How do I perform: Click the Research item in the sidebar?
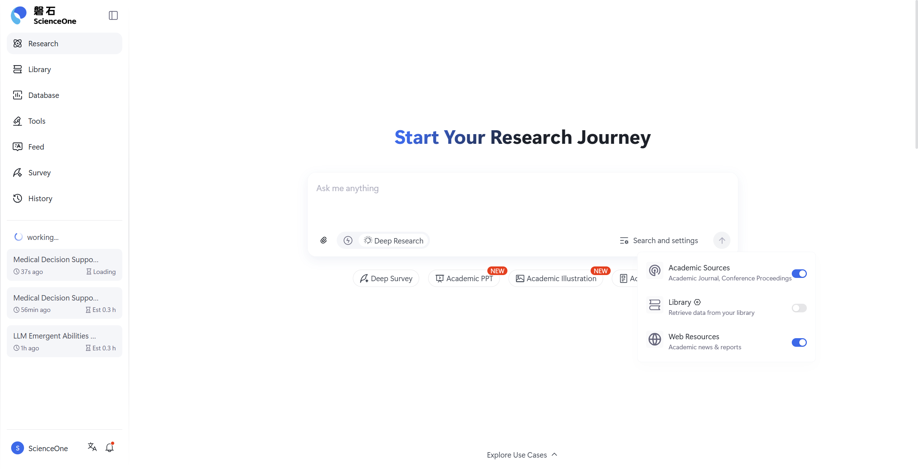[65, 43]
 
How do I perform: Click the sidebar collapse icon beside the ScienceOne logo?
[113, 15]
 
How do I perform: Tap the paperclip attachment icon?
[323, 240]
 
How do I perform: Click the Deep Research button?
[394, 241]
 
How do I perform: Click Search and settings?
[659, 241]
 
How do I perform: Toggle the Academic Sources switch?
[799, 274]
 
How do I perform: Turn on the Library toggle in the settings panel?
[799, 308]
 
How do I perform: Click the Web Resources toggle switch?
[799, 342]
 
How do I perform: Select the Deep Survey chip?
[386, 279]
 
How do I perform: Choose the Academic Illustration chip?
[556, 279]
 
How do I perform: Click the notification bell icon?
[110, 448]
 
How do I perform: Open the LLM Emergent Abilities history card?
[65, 341]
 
